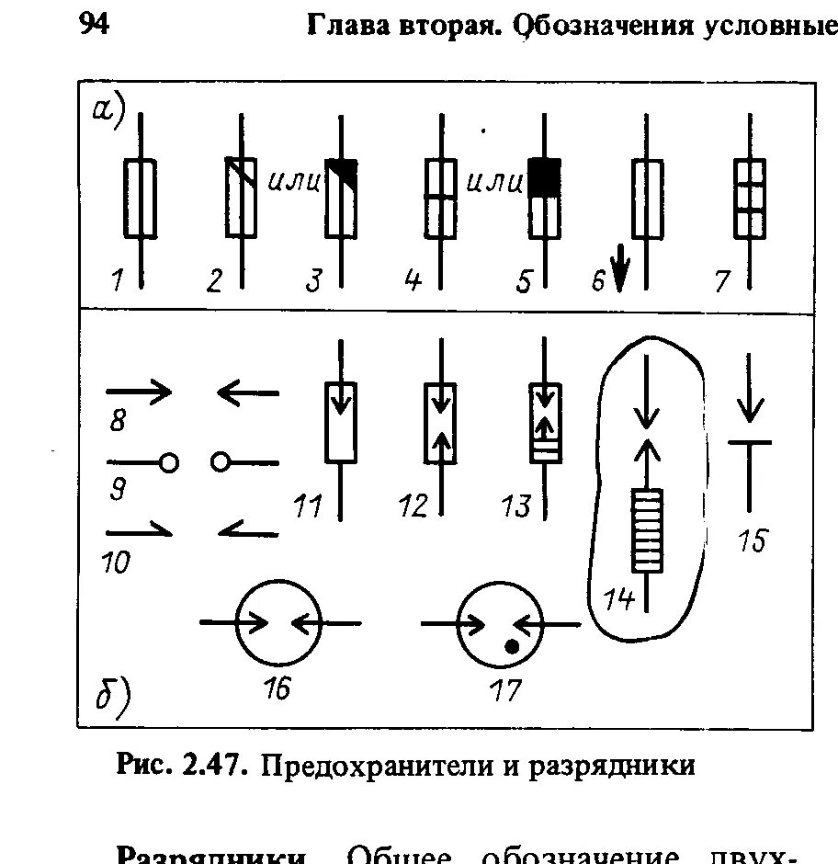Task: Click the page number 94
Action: click(x=95, y=25)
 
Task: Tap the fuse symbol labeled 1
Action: click(x=140, y=198)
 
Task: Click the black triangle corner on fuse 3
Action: click(x=345, y=169)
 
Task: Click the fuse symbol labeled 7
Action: click(x=750, y=199)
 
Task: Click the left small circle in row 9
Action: click(x=168, y=462)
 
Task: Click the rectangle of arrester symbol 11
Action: click(x=342, y=423)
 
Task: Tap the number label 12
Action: click(x=414, y=506)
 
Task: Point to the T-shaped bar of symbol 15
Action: click(x=750, y=443)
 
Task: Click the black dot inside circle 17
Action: click(x=511, y=647)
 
